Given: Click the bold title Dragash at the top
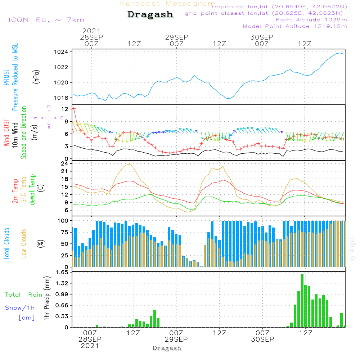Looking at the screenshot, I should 150,15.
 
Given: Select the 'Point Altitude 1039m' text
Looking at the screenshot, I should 311,19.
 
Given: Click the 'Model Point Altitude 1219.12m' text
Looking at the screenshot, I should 295,26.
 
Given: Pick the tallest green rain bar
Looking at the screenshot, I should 302,301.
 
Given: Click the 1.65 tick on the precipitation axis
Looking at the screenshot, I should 62,273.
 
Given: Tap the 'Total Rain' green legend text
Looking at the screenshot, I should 23,295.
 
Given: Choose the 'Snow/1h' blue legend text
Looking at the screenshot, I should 20,308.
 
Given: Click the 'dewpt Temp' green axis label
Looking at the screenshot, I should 33,190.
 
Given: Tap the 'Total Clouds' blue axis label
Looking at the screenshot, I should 7,244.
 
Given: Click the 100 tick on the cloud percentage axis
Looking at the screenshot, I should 63,220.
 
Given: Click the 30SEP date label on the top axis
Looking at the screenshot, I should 262,37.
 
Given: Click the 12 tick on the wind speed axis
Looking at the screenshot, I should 65,109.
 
